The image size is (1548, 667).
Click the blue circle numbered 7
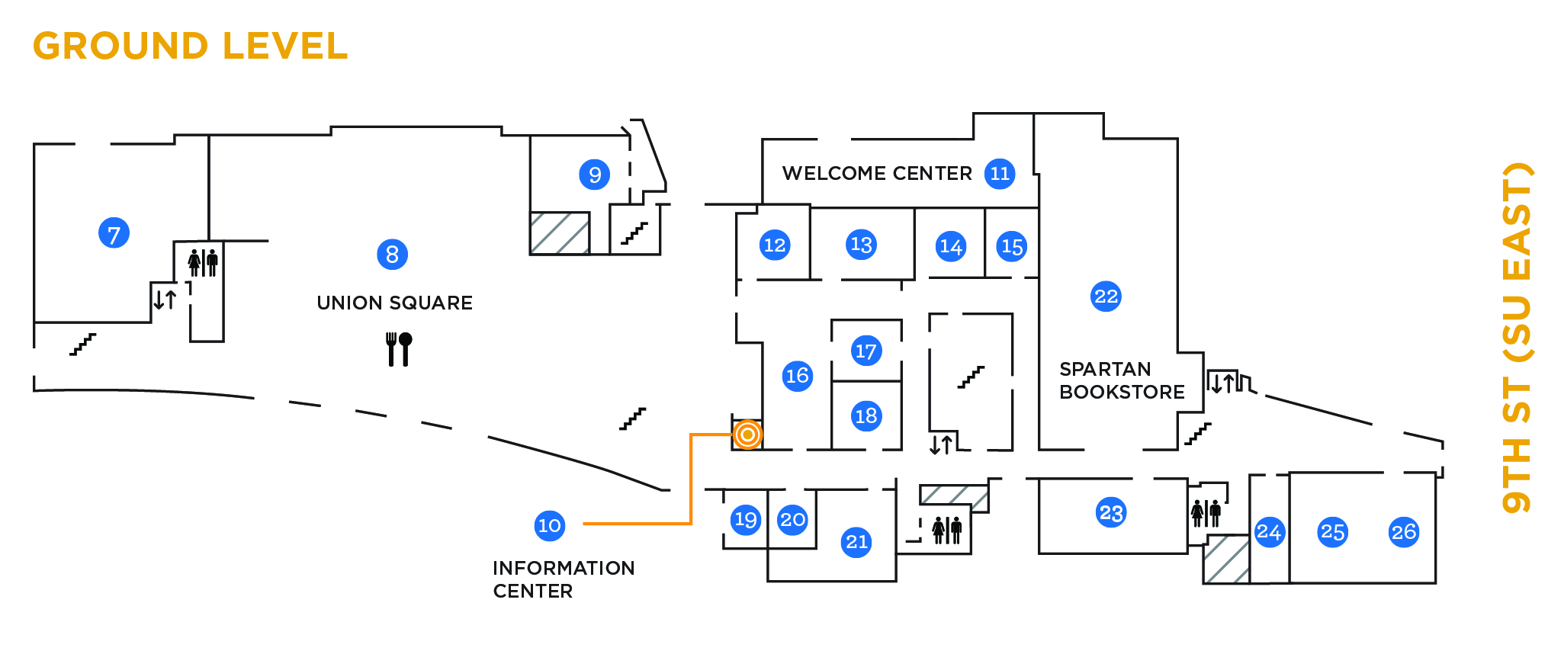coord(114,233)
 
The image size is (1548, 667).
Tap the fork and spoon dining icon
coord(398,349)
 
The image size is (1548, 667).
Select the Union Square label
coord(394,303)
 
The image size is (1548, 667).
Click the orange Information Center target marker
coord(748,435)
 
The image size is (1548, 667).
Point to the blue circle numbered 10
coord(549,525)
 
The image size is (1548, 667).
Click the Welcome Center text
coord(877,174)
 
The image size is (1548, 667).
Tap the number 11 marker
coord(999,174)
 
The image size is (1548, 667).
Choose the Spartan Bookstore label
coord(1122,380)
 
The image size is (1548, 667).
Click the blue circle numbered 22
coord(1106,297)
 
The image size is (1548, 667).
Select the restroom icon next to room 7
coord(203,262)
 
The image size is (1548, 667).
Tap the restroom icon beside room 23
coord(1206,513)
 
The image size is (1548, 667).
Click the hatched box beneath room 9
coord(560,233)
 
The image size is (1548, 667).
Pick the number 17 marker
coord(866,351)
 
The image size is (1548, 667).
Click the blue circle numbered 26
coord(1403,532)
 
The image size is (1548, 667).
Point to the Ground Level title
coord(190,46)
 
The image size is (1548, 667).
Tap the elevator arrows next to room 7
coord(165,299)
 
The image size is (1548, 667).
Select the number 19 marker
coord(745,520)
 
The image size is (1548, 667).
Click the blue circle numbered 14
coord(950,246)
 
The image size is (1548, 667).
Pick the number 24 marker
coord(1268,531)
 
